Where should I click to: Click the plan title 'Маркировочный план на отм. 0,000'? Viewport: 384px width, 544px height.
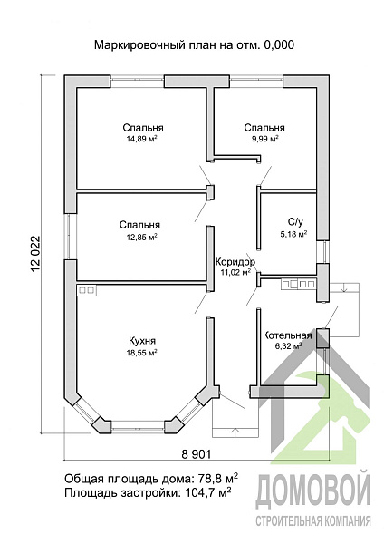(194, 45)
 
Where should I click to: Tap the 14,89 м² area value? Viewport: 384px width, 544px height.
(140, 139)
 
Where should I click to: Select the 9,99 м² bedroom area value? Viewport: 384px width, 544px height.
(265, 139)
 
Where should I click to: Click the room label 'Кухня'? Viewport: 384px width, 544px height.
(142, 341)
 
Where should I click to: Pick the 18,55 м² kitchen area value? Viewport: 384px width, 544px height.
(142, 353)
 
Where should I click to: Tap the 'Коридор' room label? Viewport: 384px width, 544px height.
(235, 262)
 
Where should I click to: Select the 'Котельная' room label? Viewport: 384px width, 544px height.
(287, 335)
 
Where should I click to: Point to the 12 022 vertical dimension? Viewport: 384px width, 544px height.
(36, 254)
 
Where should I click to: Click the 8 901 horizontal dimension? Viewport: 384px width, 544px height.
(197, 454)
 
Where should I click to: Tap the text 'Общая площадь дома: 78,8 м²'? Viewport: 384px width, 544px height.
(151, 479)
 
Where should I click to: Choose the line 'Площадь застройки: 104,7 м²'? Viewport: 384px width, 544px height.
(148, 492)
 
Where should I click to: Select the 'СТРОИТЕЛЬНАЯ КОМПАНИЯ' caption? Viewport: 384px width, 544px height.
(313, 520)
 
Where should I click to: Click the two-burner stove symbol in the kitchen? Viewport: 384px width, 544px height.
(87, 290)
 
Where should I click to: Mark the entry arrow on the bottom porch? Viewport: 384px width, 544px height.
(235, 432)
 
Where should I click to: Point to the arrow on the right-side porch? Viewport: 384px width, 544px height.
(344, 287)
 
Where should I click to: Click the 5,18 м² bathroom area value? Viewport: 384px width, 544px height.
(293, 235)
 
